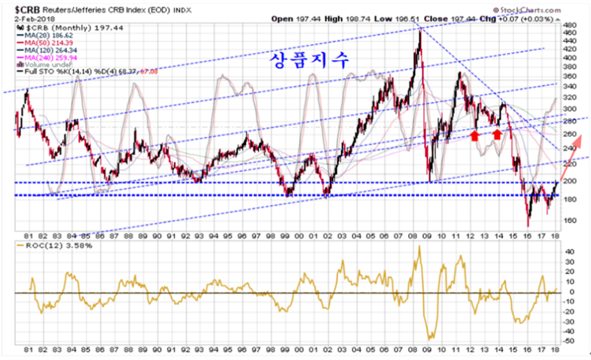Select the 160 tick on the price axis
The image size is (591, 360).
[569, 220]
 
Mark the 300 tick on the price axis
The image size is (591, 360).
[569, 110]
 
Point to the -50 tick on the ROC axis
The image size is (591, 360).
[569, 340]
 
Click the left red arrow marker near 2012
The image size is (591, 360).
[475, 134]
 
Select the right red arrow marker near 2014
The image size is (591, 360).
[497, 134]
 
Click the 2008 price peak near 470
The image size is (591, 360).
[419, 29]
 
